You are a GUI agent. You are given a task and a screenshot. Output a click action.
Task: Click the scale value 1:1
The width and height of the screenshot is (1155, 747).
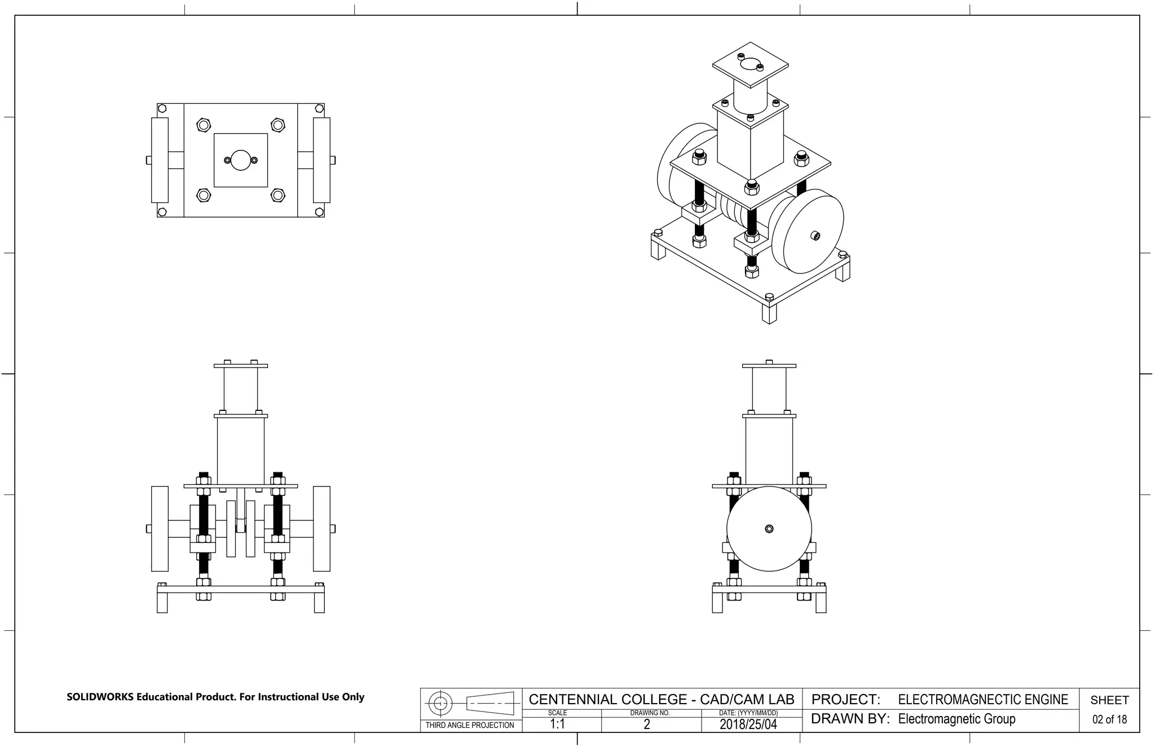tap(557, 724)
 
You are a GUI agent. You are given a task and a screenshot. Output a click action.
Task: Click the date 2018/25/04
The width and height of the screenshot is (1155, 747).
tap(748, 724)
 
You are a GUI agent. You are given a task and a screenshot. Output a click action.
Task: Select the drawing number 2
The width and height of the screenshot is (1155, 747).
tap(647, 724)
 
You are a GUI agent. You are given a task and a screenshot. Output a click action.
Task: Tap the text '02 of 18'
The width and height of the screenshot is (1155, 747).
tap(1109, 719)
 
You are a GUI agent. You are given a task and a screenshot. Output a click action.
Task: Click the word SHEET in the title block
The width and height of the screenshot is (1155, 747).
tap(1109, 700)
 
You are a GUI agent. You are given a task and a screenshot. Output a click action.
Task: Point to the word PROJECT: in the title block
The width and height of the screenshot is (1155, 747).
tap(845, 700)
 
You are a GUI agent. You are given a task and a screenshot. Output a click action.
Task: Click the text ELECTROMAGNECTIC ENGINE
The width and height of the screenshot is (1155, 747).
tap(982, 700)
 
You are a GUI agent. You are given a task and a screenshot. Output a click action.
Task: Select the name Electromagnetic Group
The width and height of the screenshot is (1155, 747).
tap(956, 719)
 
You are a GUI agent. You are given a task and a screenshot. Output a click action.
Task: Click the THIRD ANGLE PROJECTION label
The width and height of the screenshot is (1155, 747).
tap(470, 725)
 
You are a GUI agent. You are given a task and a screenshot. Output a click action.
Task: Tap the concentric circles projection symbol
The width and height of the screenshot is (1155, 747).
tap(441, 703)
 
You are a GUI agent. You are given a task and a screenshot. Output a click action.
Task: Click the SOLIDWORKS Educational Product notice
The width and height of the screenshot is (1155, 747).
tap(215, 697)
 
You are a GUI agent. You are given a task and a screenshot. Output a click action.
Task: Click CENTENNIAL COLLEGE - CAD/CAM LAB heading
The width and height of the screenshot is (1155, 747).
tap(661, 700)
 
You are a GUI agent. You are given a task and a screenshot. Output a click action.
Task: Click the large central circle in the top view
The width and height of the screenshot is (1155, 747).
tap(241, 160)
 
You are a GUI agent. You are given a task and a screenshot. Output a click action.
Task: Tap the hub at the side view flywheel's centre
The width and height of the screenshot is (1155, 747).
tap(769, 529)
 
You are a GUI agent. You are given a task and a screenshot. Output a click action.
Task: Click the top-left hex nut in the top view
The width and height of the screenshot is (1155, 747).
tap(204, 125)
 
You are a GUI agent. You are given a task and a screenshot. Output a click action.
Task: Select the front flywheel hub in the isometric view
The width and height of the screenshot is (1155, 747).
tap(815, 236)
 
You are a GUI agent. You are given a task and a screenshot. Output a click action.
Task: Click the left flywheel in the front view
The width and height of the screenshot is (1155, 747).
tap(160, 529)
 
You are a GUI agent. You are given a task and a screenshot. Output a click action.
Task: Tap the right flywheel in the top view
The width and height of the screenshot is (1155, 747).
tap(321, 160)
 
